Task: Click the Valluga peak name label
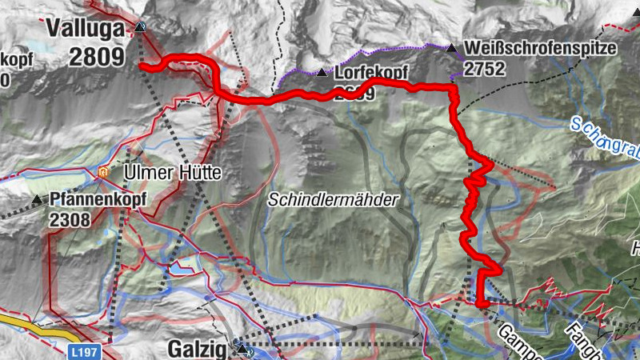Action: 86,29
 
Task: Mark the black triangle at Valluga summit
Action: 141,27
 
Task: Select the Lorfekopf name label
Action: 371,73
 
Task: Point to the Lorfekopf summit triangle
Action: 322,73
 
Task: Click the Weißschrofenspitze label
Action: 541,48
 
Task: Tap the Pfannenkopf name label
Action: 96,199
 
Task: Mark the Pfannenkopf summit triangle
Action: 38,199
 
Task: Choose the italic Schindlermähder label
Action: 333,201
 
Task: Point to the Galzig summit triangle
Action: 242,348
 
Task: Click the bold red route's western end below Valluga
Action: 142,66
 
